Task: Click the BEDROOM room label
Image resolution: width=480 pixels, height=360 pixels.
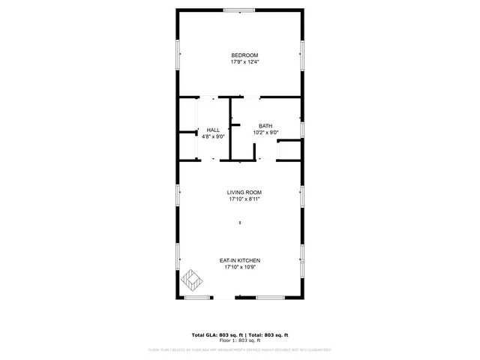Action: pyautogui.click(x=244, y=55)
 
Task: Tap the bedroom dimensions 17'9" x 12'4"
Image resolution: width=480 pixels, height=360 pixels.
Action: pyautogui.click(x=244, y=62)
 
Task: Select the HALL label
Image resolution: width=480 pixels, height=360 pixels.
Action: pyautogui.click(x=213, y=130)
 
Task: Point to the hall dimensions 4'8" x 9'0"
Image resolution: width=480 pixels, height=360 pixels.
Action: pyautogui.click(x=213, y=136)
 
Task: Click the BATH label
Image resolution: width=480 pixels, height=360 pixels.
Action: pyautogui.click(x=265, y=125)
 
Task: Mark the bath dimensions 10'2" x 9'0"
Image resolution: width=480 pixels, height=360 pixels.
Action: pyautogui.click(x=265, y=132)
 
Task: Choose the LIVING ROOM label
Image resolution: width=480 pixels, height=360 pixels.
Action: pyautogui.click(x=244, y=192)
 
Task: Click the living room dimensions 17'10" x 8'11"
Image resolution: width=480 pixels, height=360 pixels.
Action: pyautogui.click(x=244, y=199)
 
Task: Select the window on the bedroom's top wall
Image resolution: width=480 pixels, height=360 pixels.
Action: pyautogui.click(x=238, y=10)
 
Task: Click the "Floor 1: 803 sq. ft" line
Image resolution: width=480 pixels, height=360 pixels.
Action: pyautogui.click(x=240, y=340)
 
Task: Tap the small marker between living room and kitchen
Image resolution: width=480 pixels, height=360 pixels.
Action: pyautogui.click(x=240, y=222)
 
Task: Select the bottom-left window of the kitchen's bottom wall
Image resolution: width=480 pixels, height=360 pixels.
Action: pyautogui.click(x=196, y=298)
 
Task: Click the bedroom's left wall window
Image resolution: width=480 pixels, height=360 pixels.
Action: pyautogui.click(x=178, y=53)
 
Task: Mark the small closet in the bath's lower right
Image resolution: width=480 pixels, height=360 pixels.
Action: pyautogui.click(x=289, y=151)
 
